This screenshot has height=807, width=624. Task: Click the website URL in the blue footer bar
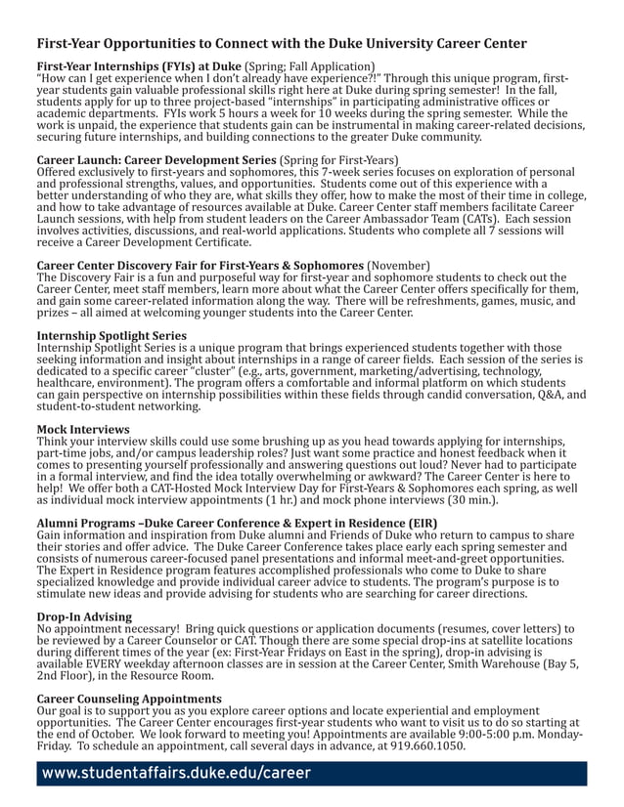tap(176, 774)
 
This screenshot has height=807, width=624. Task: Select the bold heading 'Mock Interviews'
tap(83, 429)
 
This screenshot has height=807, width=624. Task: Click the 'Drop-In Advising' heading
tap(84, 617)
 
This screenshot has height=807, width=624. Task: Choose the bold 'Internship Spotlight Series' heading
tap(111, 335)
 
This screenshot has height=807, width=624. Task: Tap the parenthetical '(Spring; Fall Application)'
tap(310, 65)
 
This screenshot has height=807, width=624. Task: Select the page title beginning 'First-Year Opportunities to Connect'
tap(282, 43)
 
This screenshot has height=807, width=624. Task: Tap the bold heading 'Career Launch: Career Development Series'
tap(156, 159)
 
